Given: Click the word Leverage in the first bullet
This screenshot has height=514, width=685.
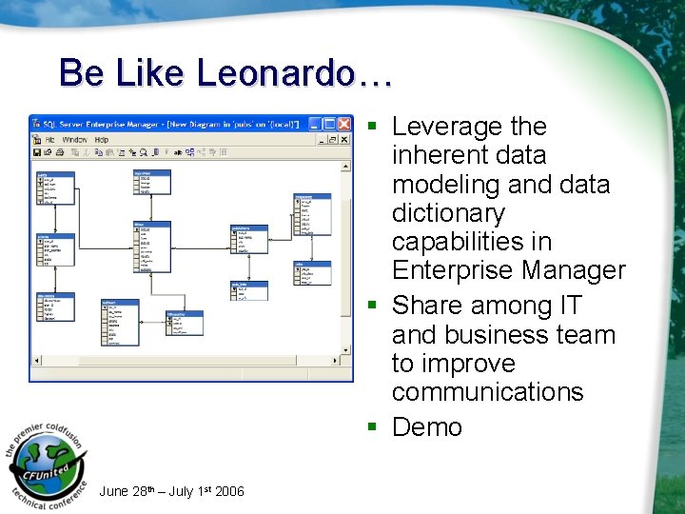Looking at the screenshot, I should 443,127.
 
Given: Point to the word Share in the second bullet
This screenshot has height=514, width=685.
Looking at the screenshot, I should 429,306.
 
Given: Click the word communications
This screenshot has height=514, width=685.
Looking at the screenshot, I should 487,392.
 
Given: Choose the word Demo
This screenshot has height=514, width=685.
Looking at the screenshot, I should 426,427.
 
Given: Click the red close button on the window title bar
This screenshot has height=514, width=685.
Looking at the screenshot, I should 344,124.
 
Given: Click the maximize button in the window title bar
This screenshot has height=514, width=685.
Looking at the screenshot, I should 329,124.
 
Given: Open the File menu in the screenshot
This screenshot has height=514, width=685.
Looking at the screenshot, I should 50,139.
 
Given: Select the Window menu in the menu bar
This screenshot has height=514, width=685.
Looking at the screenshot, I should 74,139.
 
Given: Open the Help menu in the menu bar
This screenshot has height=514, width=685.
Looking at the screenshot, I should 101,139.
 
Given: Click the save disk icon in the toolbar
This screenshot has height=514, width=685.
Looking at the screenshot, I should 37,152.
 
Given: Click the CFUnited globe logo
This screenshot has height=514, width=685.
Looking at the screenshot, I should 48,462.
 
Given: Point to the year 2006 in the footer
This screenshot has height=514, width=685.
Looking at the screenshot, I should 229,491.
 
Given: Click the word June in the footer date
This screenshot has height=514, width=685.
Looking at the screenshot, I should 114,491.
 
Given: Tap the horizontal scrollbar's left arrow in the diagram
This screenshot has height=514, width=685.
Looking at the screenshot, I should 36,363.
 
